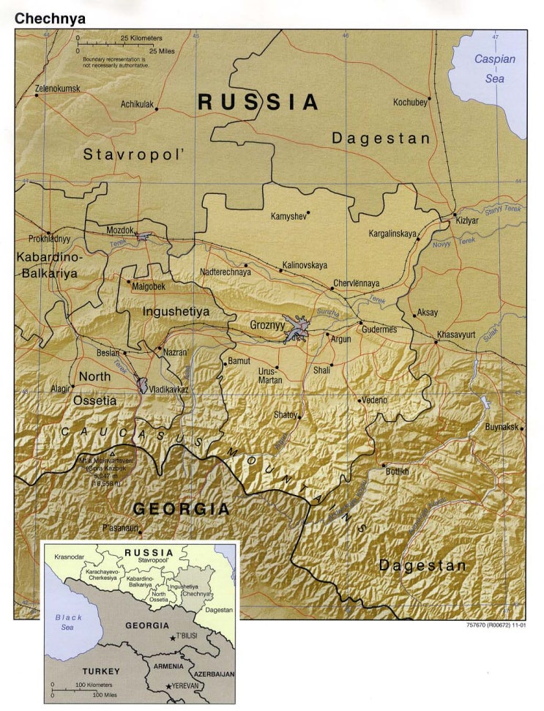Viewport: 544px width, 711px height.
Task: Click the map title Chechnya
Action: [50, 18]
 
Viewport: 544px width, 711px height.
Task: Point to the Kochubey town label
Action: [409, 103]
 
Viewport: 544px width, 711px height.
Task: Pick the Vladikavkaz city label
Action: [168, 390]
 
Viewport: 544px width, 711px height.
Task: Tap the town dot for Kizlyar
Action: [455, 215]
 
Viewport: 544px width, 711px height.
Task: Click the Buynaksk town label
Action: [502, 427]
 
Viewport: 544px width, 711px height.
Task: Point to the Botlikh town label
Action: [398, 472]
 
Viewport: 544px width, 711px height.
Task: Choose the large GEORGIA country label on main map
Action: [181, 509]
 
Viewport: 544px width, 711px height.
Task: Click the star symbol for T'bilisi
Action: [173, 639]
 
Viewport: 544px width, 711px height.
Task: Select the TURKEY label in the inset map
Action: [81, 670]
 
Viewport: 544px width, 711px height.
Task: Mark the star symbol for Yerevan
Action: [169, 686]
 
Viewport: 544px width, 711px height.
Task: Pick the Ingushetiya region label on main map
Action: [176, 311]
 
